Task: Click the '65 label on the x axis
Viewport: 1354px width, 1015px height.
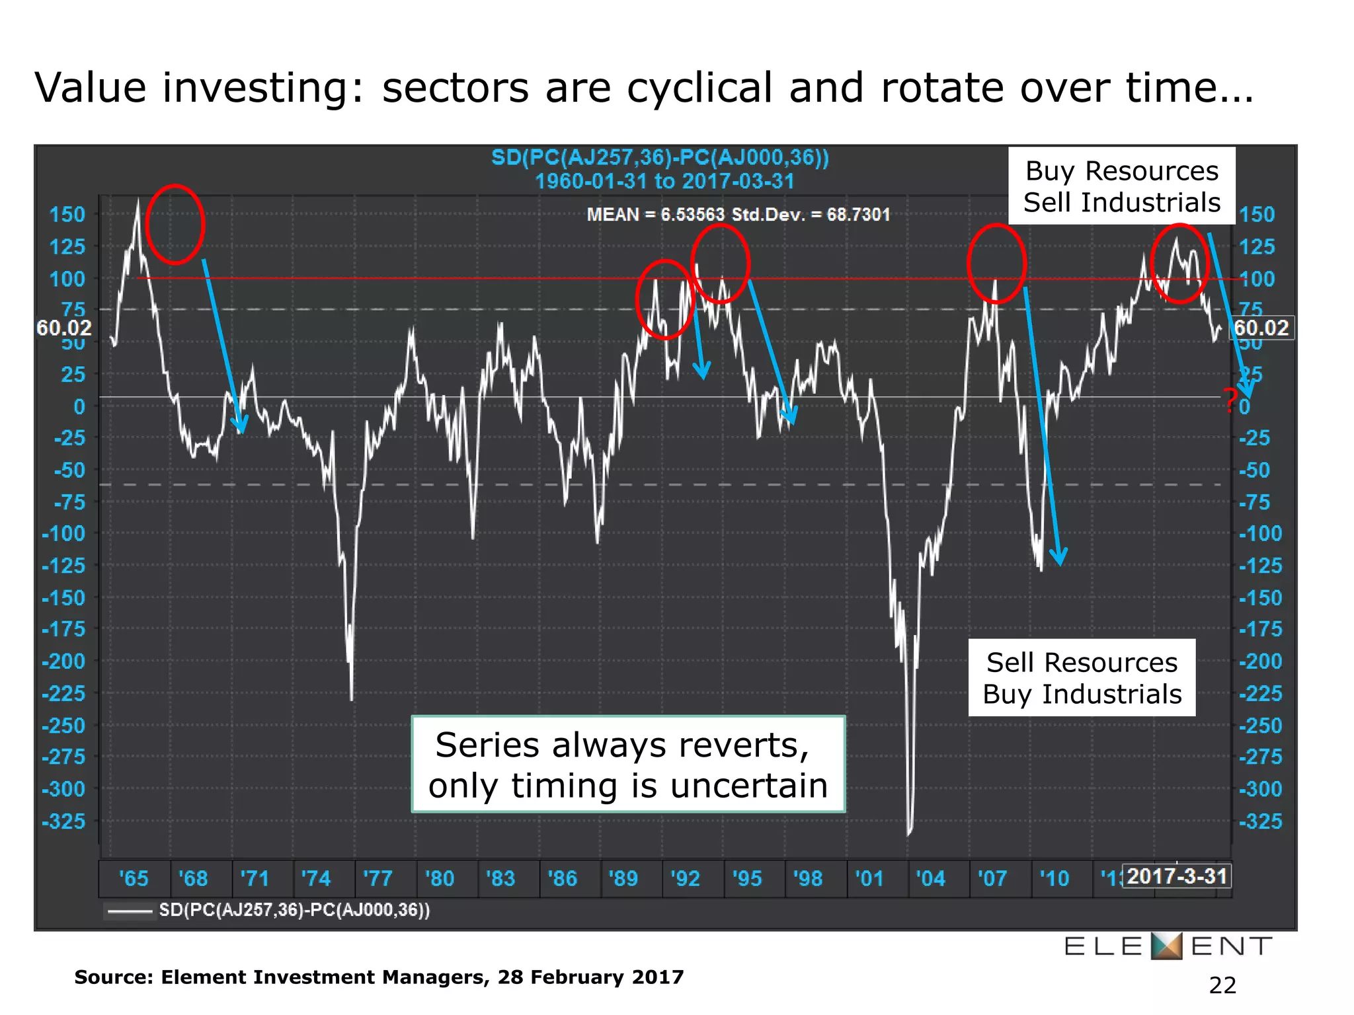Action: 134,878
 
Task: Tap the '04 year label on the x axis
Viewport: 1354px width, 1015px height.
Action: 930,878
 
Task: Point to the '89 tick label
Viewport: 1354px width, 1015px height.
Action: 623,878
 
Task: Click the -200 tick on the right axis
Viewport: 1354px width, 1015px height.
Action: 1260,661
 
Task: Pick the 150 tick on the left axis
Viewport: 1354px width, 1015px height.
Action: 67,215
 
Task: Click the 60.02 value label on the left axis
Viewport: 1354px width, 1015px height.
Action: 63,328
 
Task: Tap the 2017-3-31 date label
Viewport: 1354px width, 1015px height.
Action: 1177,876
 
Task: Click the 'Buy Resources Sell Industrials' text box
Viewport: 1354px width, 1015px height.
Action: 1121,186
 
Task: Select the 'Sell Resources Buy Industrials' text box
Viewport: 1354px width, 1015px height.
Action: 1082,678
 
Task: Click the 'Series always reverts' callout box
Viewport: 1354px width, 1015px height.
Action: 627,765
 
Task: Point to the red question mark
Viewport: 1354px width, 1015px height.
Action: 1230,400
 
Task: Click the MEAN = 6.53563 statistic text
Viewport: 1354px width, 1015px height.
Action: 655,215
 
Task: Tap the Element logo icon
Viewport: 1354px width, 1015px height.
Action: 1166,946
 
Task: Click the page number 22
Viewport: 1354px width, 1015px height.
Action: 1222,985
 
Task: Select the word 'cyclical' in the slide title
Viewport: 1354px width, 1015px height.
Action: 699,88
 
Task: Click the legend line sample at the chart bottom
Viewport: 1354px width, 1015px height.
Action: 130,911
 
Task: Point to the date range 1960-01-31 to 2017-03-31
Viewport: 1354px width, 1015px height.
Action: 664,181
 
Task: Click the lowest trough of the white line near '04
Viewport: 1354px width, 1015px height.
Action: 909,834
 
